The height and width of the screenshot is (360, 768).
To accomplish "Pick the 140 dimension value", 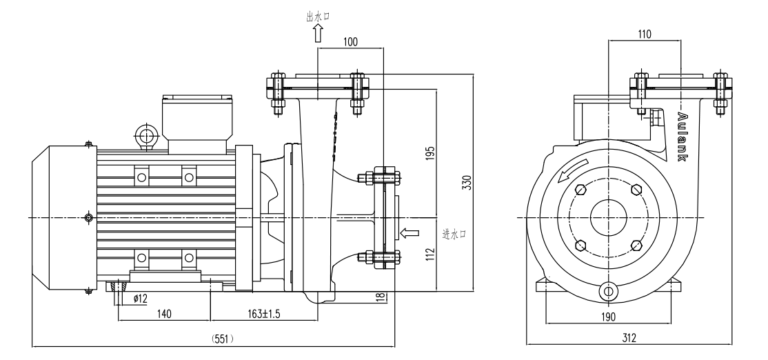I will [163, 313].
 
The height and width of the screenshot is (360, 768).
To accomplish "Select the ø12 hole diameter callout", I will [140, 298].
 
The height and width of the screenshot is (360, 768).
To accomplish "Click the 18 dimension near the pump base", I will [378, 297].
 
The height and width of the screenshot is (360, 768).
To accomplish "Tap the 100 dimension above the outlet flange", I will [350, 42].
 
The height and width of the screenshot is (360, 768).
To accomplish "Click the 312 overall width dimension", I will [628, 338].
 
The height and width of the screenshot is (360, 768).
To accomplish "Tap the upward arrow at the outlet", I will [318, 33].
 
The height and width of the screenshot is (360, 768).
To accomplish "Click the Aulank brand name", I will [682, 137].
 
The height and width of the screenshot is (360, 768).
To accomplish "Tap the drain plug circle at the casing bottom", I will [607, 291].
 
